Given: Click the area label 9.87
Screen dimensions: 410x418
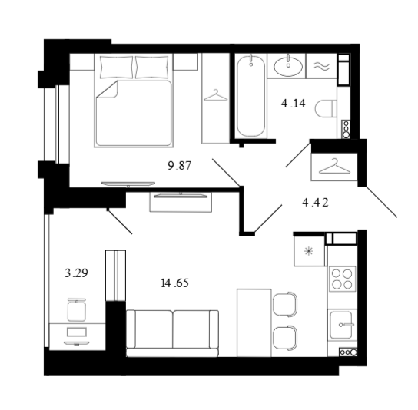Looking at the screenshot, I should pyautogui.click(x=181, y=165).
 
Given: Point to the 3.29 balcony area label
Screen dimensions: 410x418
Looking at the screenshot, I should pyautogui.click(x=76, y=272).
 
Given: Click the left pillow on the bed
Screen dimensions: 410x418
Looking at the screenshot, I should pyautogui.click(x=115, y=68).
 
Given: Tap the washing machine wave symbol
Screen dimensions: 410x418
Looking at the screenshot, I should pyautogui.click(x=321, y=66).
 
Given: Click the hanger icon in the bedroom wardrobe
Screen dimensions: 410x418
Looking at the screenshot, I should pyautogui.click(x=215, y=96).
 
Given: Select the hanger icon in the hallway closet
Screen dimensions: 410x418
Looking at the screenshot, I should pyautogui.click(x=335, y=164).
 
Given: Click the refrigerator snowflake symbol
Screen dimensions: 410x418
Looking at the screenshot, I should pyautogui.click(x=309, y=250).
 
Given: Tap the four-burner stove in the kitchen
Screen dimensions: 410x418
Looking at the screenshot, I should pyautogui.click(x=342, y=279).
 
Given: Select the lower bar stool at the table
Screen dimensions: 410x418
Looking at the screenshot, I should pyautogui.click(x=285, y=337).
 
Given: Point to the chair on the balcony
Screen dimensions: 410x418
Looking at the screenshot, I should pyautogui.click(x=77, y=309).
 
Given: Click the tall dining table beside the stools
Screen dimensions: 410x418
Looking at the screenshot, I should pyautogui.click(x=254, y=322).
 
